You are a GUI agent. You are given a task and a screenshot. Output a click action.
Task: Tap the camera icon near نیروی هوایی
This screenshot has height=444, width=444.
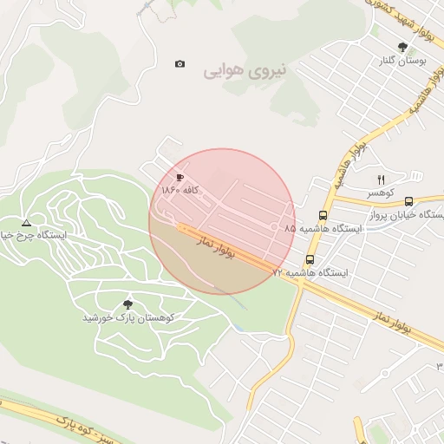(x=180, y=64)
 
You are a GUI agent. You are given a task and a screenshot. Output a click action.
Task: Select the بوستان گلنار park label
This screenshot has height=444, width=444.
(x=401, y=62)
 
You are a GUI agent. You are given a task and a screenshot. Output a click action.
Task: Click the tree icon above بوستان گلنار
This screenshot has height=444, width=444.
(x=402, y=47)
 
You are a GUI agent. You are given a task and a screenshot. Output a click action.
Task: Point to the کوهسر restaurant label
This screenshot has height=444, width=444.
(x=380, y=193)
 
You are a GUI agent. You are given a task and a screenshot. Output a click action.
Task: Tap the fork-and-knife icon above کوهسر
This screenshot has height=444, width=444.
(x=380, y=180)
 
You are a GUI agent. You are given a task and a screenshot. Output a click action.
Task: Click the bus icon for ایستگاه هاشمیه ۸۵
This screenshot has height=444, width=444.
(x=323, y=215)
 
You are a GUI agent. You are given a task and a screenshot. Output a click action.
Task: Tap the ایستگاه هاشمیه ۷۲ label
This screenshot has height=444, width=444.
(x=310, y=272)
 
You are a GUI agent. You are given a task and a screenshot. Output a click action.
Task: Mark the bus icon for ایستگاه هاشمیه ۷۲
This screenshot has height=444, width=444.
(x=310, y=259)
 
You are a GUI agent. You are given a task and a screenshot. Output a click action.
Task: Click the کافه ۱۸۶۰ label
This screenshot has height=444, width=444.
(x=180, y=189)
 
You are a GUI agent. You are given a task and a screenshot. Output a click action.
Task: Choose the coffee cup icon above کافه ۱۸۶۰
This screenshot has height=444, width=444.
(x=180, y=177)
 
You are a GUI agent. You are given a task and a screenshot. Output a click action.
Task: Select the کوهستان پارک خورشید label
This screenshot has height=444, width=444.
(x=128, y=317)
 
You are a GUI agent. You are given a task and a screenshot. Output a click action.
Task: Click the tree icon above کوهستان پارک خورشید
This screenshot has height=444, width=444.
(x=128, y=304)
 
